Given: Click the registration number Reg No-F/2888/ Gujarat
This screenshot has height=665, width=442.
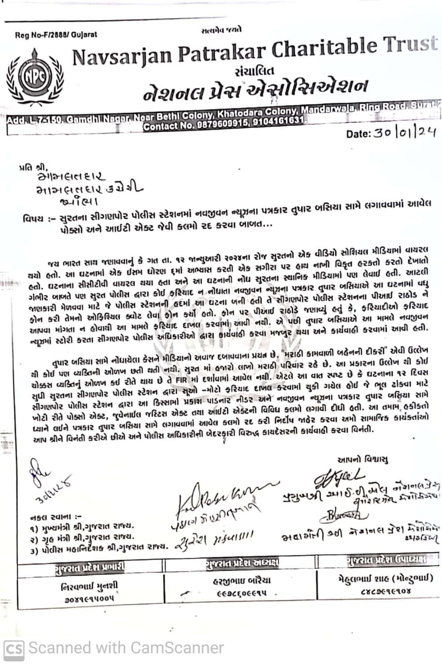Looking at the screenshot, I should pyautogui.click(x=56, y=35).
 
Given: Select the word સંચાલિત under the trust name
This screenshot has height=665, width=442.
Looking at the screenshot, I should pyautogui.click(x=254, y=71).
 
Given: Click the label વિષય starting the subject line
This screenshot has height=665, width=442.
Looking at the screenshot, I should pyautogui.click(x=32, y=217).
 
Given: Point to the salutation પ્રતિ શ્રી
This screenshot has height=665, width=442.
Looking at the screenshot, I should pyautogui.click(x=35, y=167).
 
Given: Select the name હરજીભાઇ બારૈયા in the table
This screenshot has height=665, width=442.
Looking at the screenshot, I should pyautogui.click(x=242, y=581).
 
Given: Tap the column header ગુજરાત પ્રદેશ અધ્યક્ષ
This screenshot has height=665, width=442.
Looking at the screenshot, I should pyautogui.click(x=242, y=563).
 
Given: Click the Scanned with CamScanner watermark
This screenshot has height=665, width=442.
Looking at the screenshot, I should pyautogui.click(x=115, y=648).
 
